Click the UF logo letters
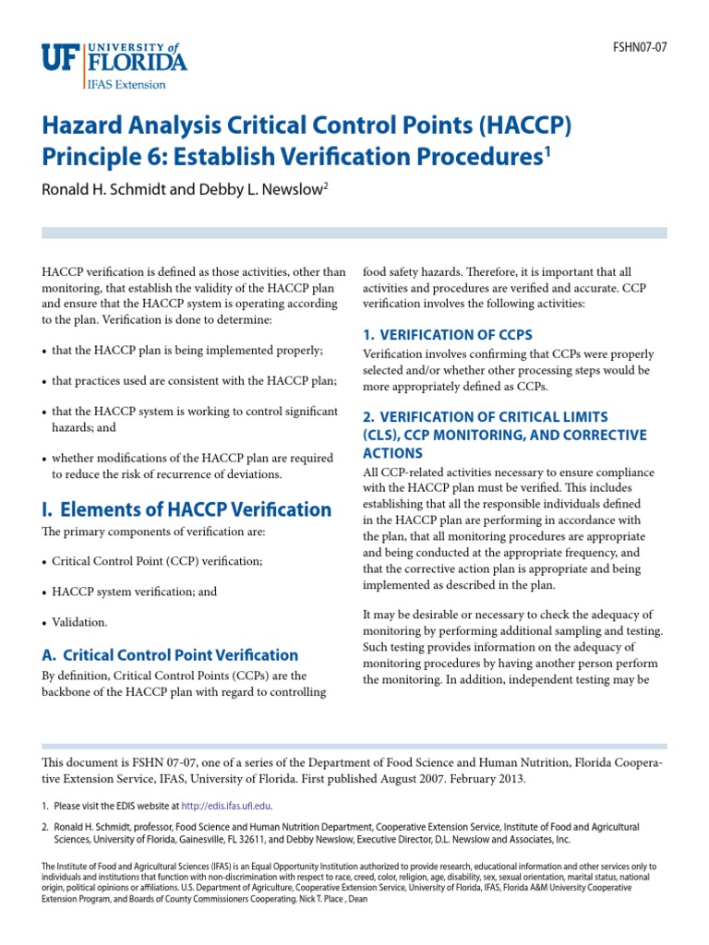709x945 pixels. [x=61, y=58]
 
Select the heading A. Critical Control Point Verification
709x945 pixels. [x=170, y=655]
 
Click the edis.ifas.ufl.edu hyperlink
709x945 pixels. [x=226, y=807]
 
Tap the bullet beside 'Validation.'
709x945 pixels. [x=45, y=623]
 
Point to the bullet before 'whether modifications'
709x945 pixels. [x=45, y=457]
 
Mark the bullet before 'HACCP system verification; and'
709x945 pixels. [x=45, y=592]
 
